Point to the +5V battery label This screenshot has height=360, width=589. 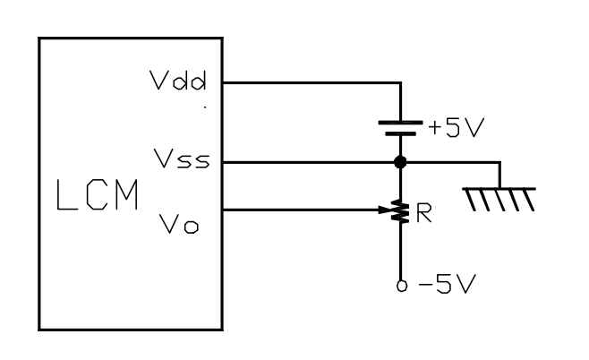[454, 128]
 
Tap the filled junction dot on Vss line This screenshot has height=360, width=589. [400, 162]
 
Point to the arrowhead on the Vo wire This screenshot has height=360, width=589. [388, 211]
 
